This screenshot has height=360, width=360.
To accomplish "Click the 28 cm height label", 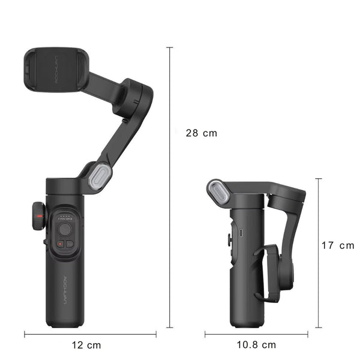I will click(x=202, y=133).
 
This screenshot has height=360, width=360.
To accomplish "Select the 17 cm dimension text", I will click(x=337, y=245).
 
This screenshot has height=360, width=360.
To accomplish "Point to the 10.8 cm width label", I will click(x=256, y=345).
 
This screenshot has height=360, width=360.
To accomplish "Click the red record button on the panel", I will click(x=60, y=244).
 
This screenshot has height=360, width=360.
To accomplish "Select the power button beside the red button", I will click(x=70, y=244).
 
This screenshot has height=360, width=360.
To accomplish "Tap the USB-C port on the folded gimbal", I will click(x=240, y=232).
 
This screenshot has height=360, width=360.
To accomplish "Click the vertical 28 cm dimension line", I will click(x=170, y=180).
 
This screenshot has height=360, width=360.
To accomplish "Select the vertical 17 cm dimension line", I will click(x=318, y=252).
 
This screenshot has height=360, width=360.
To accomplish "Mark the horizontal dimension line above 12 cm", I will click(x=90, y=334).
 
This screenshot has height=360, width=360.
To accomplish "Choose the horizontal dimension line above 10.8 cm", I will click(x=256, y=334).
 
